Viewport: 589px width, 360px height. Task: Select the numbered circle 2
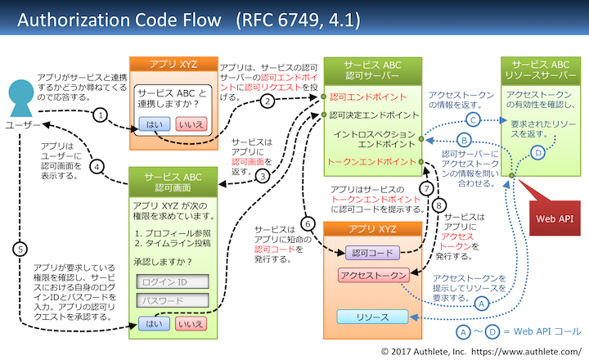tap(267, 101)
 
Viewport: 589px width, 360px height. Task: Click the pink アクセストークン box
tap(373, 276)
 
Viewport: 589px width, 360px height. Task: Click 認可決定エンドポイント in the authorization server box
tap(373, 115)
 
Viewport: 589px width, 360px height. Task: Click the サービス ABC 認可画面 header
tap(173, 182)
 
